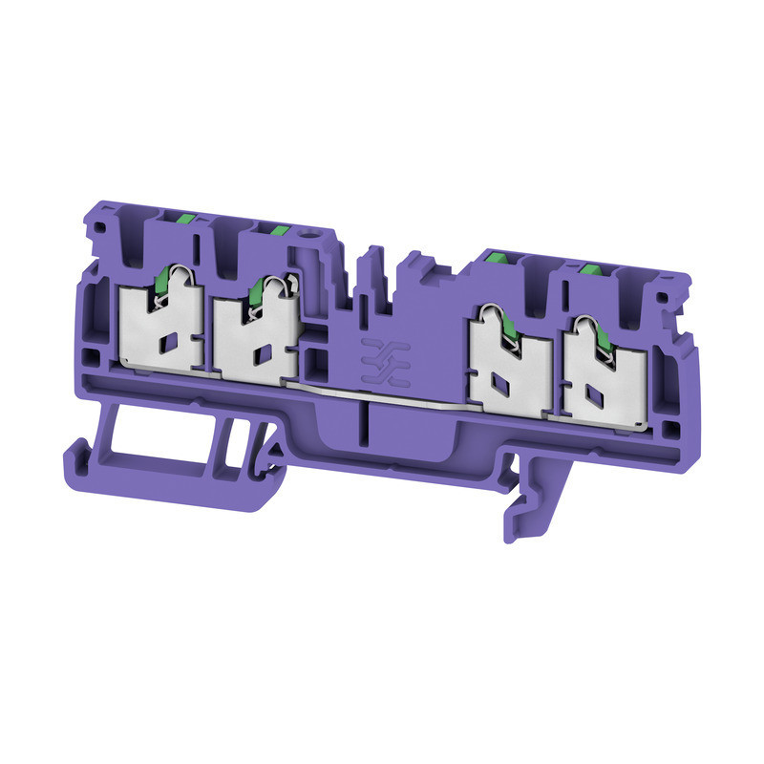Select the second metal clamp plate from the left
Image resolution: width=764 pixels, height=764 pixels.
coord(253,339)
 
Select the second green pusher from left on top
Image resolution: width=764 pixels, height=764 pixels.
coord(279,228)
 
